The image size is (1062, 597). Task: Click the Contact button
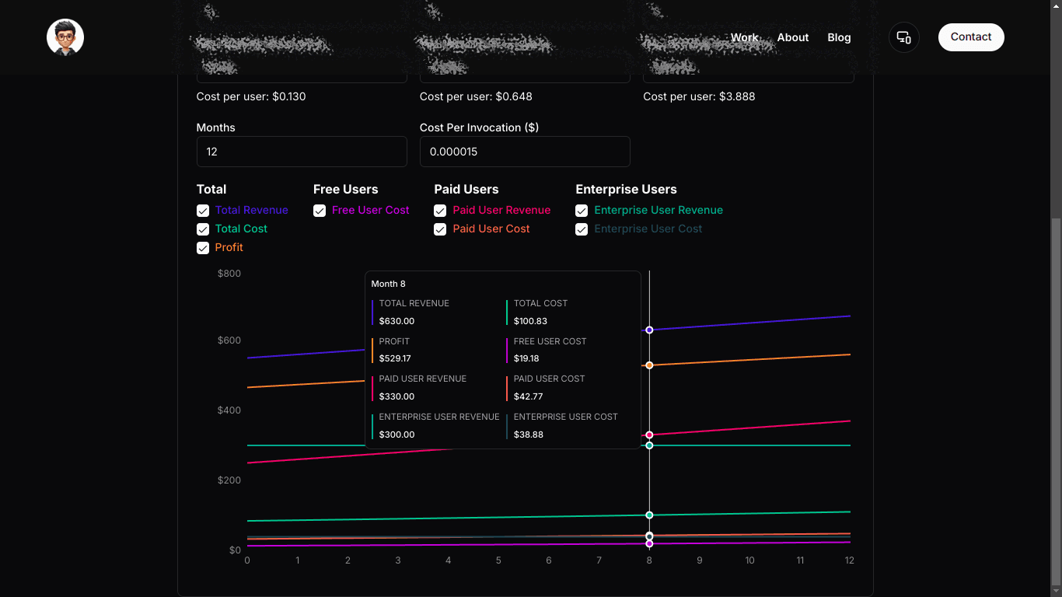971,37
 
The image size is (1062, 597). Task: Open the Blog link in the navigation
839,37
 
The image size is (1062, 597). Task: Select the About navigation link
792,37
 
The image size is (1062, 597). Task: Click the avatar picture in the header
65,37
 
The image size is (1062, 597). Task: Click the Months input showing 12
302,152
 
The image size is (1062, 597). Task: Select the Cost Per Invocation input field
525,152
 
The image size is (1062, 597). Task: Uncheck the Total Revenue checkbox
203,211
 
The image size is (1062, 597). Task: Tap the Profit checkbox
203,248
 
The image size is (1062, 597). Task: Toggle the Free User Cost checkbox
320,211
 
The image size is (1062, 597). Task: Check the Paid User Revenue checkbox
440,211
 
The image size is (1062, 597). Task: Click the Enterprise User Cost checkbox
582,229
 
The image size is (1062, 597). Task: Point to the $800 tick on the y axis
229,274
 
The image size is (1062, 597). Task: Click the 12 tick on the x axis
850,560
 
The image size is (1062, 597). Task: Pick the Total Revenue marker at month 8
649,330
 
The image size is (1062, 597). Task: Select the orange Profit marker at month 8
649,365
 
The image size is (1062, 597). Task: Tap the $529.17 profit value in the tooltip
395,358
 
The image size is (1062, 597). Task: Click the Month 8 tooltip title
389,284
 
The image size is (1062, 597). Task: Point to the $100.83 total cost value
530,321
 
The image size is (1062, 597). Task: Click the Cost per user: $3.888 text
699,96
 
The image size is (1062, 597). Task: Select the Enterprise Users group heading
626,190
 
